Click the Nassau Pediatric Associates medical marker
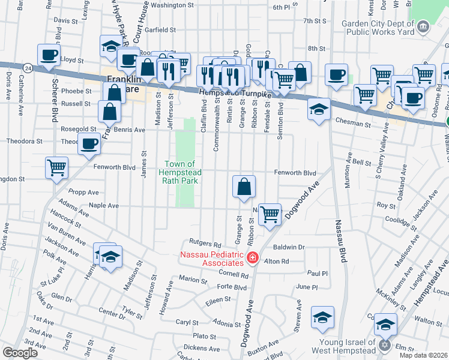[252, 258]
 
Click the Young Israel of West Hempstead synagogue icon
[385, 346]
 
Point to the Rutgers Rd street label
[205, 244]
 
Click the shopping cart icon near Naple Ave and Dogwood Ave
[270, 213]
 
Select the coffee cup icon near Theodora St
[89, 144]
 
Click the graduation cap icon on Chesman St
[319, 109]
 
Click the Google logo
[20, 353]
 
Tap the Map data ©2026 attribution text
[423, 355]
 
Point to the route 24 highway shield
[28, 68]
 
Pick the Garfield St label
[158, 29]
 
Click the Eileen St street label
[218, 299]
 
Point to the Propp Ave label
[84, 193]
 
